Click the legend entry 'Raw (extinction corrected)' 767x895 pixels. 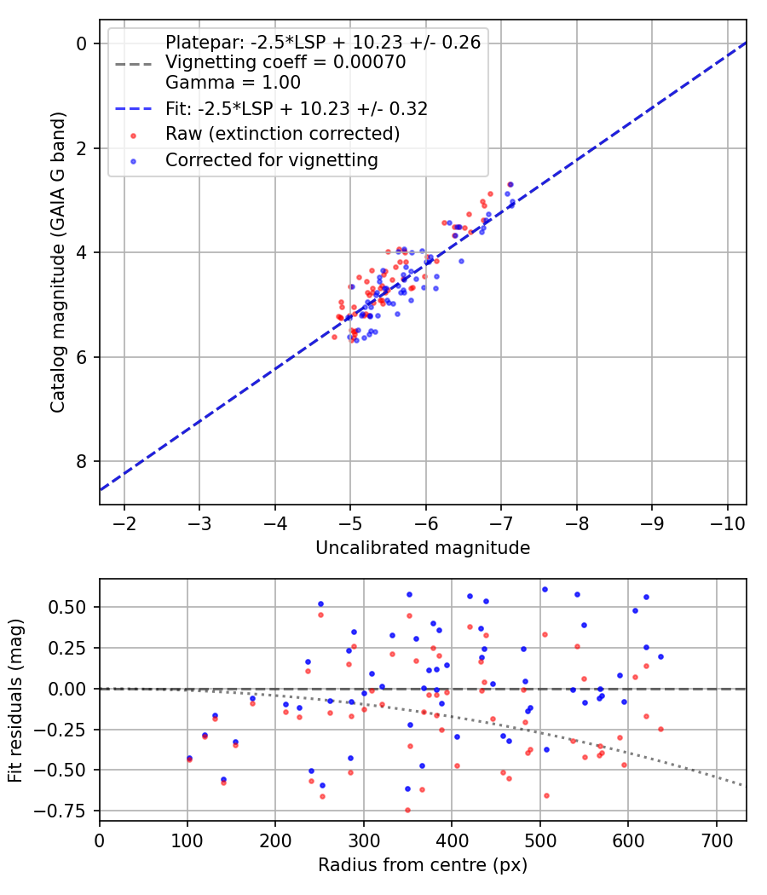282,134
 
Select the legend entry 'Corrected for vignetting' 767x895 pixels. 272,159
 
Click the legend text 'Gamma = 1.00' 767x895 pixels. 233,83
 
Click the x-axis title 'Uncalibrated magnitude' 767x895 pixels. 423,548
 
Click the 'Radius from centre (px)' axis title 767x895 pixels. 423,865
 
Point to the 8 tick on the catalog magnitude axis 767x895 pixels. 83,461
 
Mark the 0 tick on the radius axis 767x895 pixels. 100,840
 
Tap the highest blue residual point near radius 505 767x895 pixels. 545,589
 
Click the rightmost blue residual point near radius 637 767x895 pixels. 660,656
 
